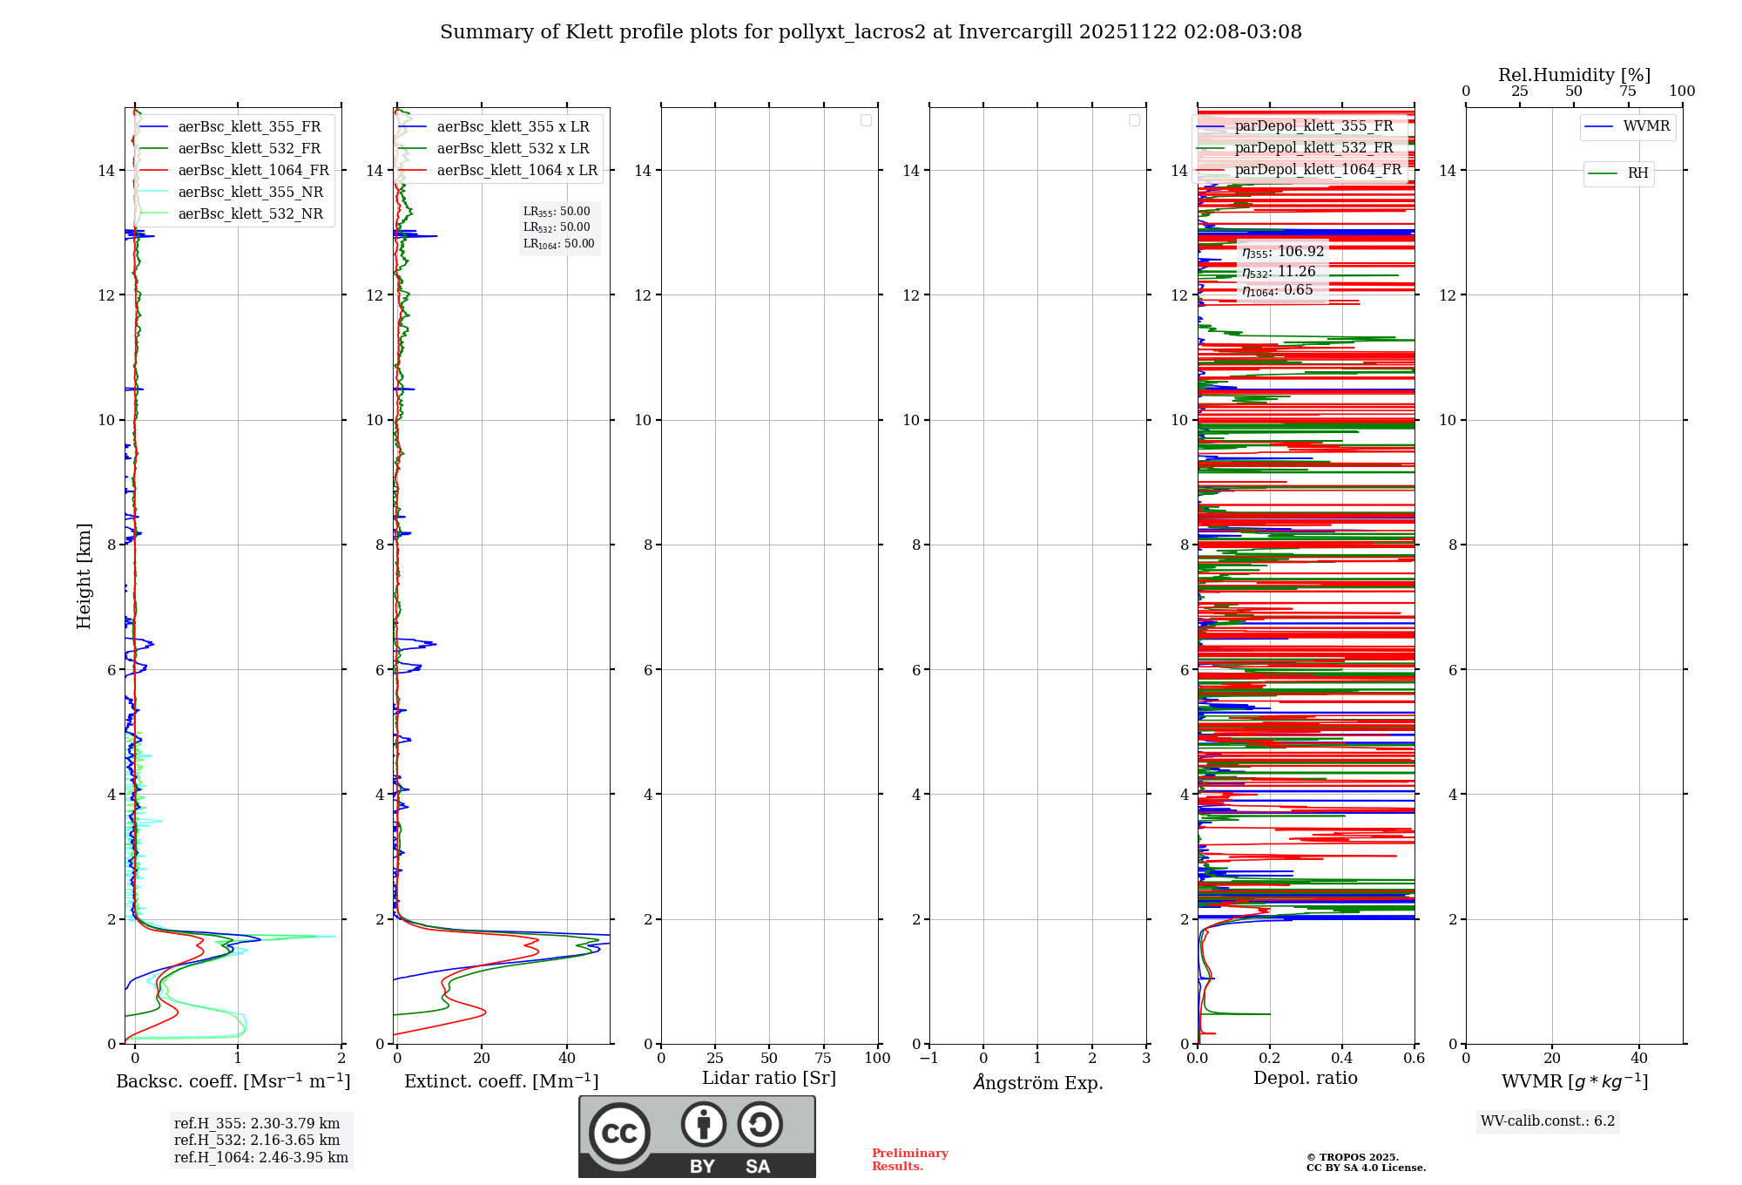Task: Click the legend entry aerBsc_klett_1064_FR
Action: point(253,171)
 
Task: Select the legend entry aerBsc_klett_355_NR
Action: point(251,193)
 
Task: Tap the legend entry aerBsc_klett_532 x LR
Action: point(513,149)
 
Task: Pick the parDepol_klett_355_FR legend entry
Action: point(1313,126)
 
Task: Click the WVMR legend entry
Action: point(1646,126)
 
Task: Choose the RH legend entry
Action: point(1637,173)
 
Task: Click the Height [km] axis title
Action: point(84,576)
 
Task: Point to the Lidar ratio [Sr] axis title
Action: point(768,1079)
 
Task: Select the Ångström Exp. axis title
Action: point(1037,1083)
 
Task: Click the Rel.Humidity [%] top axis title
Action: point(1574,75)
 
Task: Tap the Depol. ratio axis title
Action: point(1305,1079)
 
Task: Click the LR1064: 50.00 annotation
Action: point(558,244)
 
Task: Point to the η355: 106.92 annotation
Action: point(1283,252)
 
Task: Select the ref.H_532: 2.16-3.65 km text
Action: point(257,1141)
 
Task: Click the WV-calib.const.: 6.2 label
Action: point(1548,1121)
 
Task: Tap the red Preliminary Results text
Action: point(909,1160)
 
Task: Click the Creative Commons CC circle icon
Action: point(619,1133)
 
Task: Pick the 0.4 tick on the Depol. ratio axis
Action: point(1342,1059)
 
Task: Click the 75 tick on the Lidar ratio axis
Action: point(823,1059)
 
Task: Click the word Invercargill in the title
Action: point(1015,32)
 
